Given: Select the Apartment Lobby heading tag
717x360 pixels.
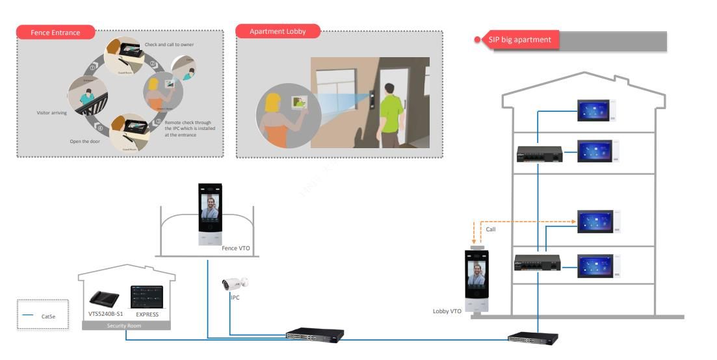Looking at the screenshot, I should (x=278, y=31).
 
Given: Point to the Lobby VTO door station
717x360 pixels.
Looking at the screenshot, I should (x=477, y=280).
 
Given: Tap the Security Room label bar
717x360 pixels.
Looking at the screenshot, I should (x=126, y=325).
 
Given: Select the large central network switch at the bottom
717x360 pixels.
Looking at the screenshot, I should (x=314, y=336).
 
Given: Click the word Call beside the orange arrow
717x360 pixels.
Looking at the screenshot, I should (x=491, y=229).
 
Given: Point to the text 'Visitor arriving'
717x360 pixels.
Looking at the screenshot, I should (x=51, y=112).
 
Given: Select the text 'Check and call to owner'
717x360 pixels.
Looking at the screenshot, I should (x=169, y=45).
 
